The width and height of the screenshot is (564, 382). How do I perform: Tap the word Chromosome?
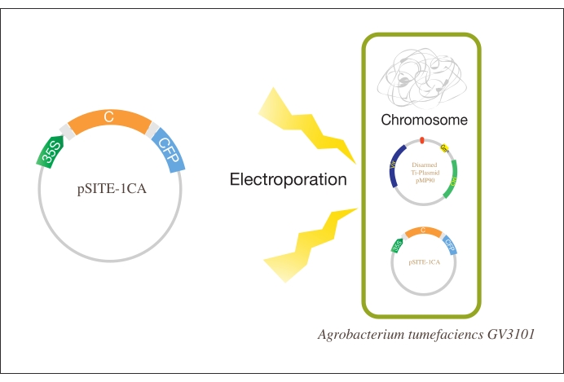coord(424,121)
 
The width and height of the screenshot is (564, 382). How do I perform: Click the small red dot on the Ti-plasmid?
coord(421,141)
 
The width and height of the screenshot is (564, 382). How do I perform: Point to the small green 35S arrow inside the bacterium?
coord(398,246)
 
